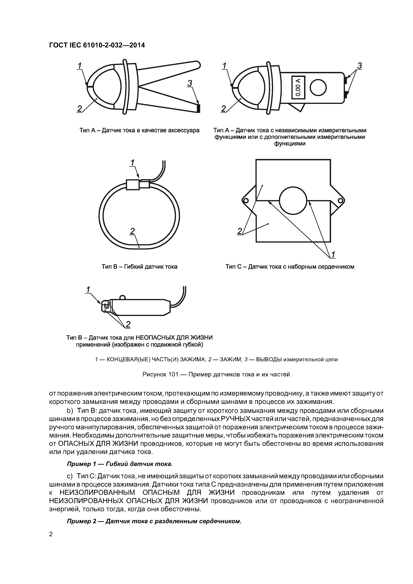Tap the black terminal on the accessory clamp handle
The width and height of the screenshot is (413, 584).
click(x=199, y=108)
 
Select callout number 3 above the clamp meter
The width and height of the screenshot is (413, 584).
click(x=359, y=66)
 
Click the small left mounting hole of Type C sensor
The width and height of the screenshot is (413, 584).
click(x=246, y=201)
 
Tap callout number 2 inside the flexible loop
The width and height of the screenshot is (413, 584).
click(x=132, y=231)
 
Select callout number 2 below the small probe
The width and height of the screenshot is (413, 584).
click(x=128, y=324)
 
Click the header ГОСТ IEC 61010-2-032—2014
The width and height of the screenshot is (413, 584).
click(x=97, y=45)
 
